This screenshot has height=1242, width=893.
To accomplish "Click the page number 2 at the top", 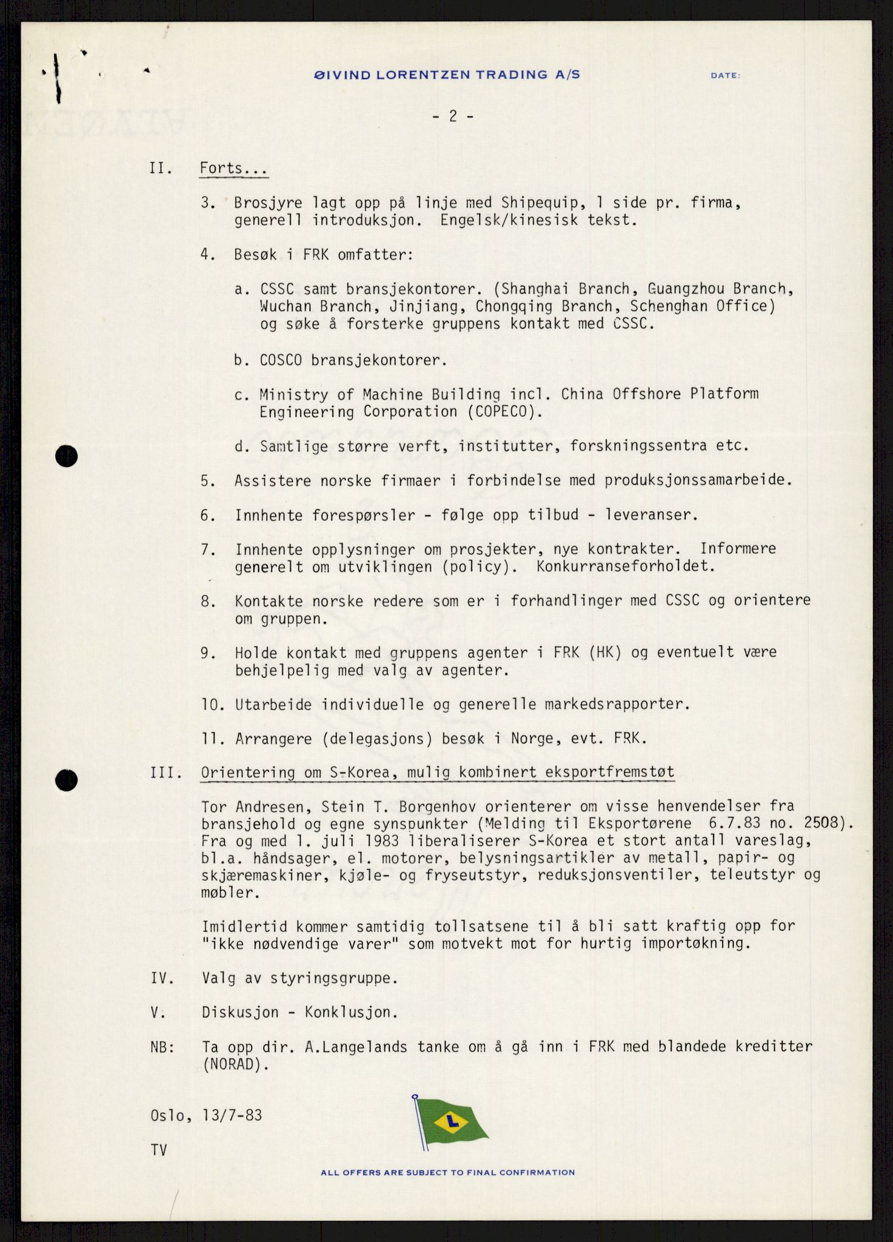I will pyautogui.click(x=453, y=116).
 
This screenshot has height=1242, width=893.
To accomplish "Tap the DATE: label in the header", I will pyautogui.click(x=725, y=76).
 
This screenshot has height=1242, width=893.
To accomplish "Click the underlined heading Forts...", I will pyautogui.click(x=233, y=169).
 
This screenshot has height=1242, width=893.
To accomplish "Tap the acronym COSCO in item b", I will pyautogui.click(x=281, y=360).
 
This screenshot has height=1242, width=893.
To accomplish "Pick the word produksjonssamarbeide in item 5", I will pyautogui.click(x=698, y=481).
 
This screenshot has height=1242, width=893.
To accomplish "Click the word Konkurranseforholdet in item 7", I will pyautogui.click(x=626, y=567).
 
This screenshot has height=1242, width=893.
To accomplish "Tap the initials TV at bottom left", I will pyautogui.click(x=159, y=1150).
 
